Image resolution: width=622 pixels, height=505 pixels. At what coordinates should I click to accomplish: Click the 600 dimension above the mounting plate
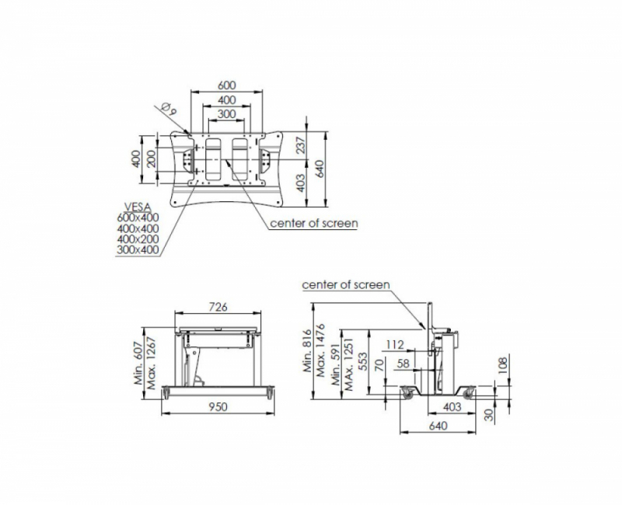227,85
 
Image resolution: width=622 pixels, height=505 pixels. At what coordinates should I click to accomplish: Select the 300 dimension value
227,114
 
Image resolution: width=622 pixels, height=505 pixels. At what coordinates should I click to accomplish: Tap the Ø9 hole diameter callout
169,109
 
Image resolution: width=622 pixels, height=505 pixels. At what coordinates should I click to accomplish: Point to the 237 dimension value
301,145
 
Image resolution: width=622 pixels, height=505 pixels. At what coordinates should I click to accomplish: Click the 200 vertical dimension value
151,158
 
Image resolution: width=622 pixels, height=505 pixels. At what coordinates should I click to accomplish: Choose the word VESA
138,207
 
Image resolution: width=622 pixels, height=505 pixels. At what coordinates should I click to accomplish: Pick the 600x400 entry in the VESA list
138,218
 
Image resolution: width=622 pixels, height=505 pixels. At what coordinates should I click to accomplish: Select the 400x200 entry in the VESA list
138,239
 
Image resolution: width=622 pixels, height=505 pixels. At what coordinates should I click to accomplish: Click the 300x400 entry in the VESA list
138,249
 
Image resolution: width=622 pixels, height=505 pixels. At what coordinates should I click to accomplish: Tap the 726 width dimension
218,306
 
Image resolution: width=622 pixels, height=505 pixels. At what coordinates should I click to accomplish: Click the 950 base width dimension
218,406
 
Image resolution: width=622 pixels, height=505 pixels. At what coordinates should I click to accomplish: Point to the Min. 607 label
138,364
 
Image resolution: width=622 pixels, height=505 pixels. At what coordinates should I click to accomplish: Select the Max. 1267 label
151,363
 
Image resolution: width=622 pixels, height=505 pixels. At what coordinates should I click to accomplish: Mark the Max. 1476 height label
320,350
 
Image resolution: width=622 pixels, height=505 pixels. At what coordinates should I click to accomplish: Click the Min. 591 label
336,364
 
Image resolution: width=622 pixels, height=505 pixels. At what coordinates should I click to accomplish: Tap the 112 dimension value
395,344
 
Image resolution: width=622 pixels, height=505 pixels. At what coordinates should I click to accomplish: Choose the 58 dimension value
403,363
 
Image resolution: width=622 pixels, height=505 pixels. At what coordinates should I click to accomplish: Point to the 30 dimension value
490,415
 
